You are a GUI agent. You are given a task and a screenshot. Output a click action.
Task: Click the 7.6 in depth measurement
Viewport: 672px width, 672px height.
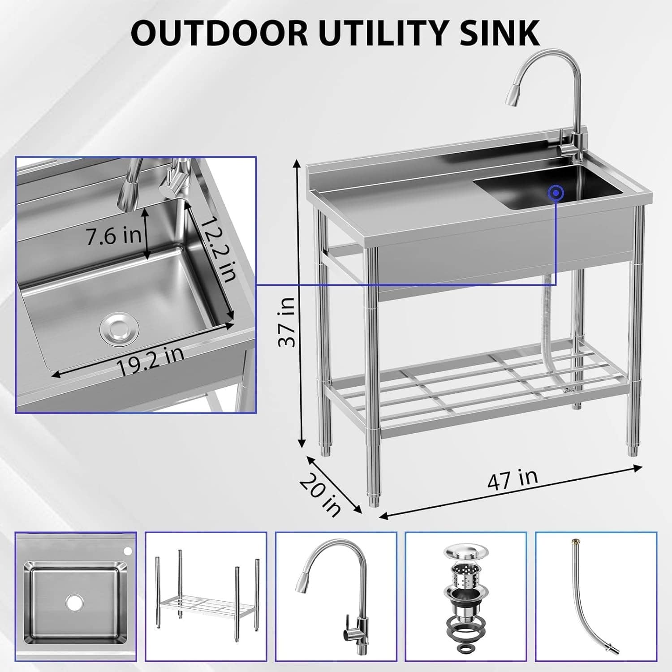(x=114, y=236)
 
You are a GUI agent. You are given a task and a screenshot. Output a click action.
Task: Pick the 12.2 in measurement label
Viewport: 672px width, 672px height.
(x=217, y=250)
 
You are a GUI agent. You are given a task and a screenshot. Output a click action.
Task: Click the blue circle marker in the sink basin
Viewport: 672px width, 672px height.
(x=556, y=193)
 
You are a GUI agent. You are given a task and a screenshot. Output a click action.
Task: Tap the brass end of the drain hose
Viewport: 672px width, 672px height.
(x=573, y=543)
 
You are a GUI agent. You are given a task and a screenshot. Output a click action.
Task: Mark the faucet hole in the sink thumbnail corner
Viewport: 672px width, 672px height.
(x=128, y=550)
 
